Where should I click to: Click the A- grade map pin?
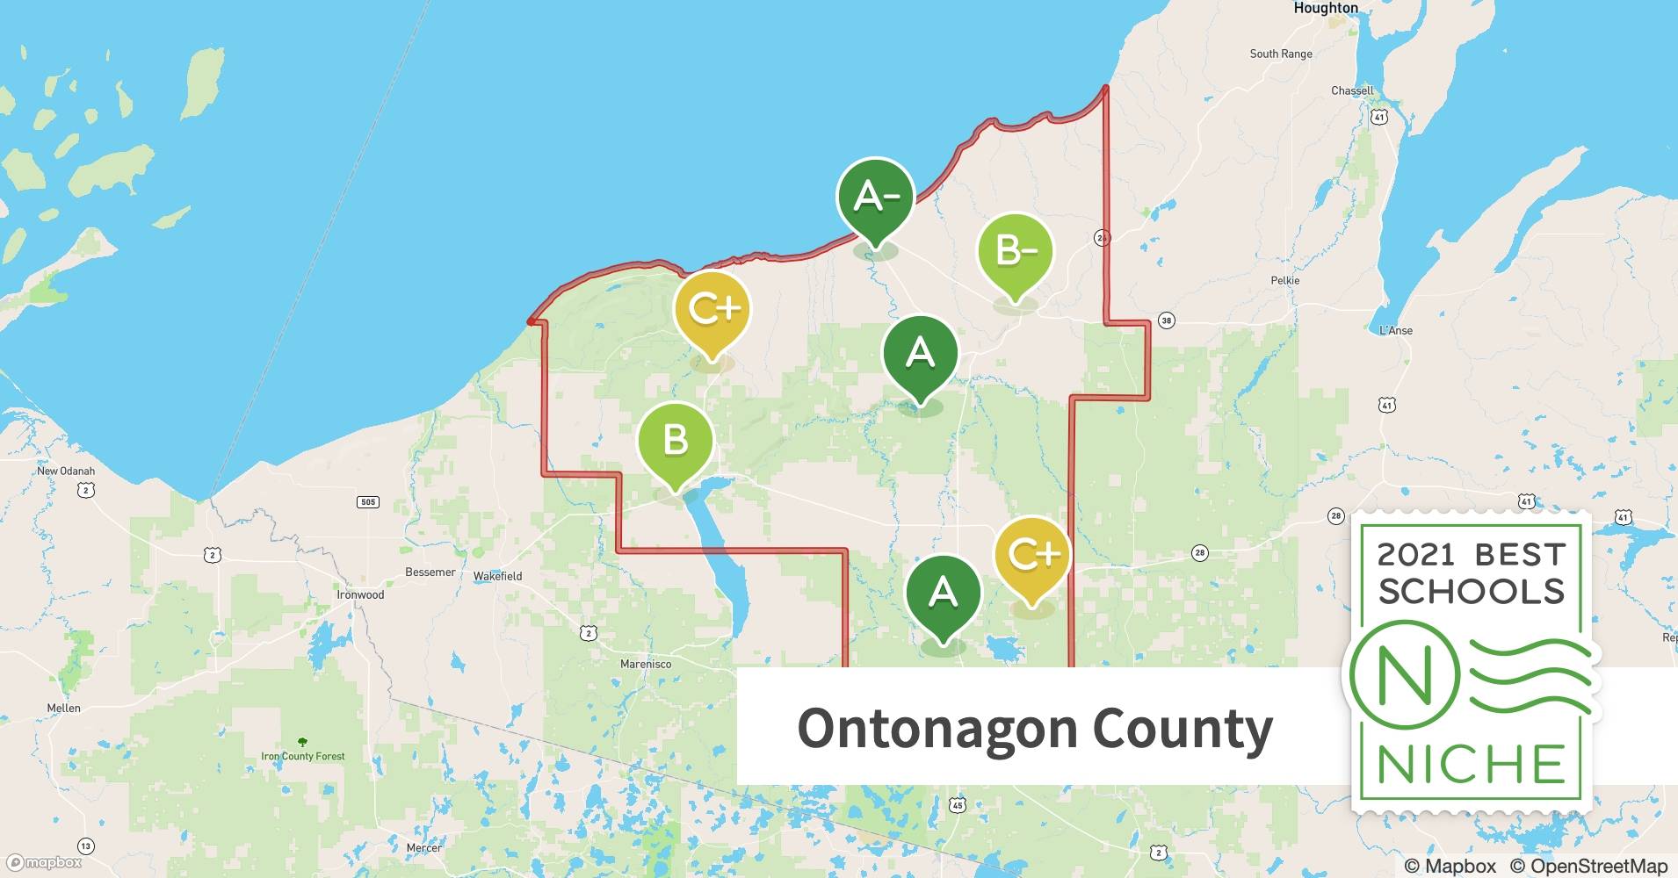click(875, 198)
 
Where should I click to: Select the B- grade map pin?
click(1016, 251)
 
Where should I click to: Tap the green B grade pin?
click(675, 440)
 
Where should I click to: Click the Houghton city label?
click(1325, 8)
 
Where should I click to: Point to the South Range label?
click(1280, 54)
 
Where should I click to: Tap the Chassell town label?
click(1351, 90)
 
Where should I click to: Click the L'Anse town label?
click(1395, 330)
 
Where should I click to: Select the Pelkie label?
click(1284, 280)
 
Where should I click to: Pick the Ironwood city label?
click(360, 594)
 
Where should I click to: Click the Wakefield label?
click(497, 576)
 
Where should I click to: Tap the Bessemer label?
click(430, 572)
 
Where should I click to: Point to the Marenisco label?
click(645, 664)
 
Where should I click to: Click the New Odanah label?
click(65, 471)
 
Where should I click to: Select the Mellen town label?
click(63, 708)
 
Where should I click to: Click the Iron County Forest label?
click(302, 756)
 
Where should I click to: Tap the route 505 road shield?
click(368, 502)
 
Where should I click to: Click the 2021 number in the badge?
click(1415, 555)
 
